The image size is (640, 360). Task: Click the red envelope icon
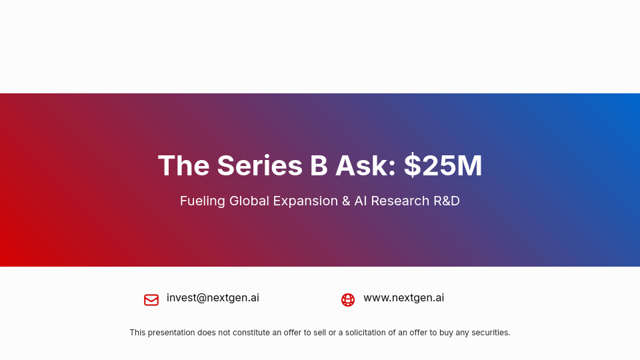(x=151, y=300)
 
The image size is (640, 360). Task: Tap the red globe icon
(x=348, y=300)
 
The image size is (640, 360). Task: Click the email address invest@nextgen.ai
(x=213, y=298)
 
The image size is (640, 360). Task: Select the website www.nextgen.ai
(x=403, y=298)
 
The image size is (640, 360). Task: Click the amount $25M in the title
(x=443, y=166)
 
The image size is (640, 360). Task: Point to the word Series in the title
(x=259, y=166)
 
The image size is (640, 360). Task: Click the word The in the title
(x=183, y=166)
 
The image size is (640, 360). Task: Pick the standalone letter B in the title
(x=319, y=166)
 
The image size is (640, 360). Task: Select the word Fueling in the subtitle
(x=202, y=201)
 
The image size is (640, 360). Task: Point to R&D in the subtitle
(x=446, y=201)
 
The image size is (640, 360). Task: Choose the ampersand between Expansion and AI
(x=346, y=201)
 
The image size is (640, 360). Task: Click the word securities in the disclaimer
(x=490, y=333)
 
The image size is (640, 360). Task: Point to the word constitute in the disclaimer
(x=251, y=333)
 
